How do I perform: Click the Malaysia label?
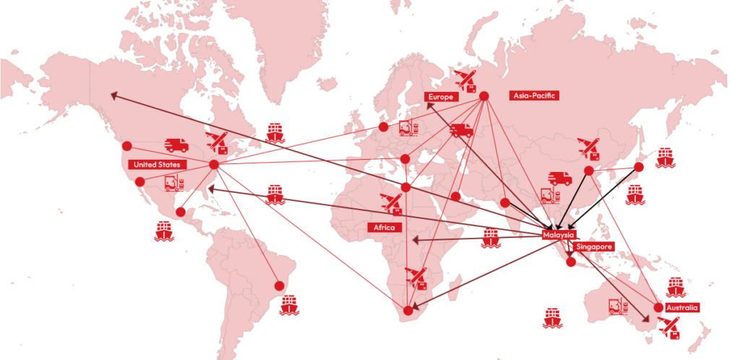click(x=559, y=236)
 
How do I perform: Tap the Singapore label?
click(x=594, y=247)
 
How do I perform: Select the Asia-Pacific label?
click(x=535, y=95)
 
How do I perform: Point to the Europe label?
click(x=440, y=96)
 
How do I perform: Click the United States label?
click(x=158, y=165)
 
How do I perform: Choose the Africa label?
click(x=384, y=228)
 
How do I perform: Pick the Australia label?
click(x=682, y=308)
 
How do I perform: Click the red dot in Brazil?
click(x=278, y=283)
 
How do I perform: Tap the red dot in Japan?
click(x=639, y=167)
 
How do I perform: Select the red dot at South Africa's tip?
click(x=408, y=311)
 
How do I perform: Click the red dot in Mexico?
click(x=180, y=213)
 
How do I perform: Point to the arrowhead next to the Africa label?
click(x=415, y=239)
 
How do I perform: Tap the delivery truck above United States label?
click(x=176, y=145)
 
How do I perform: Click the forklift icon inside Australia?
click(x=617, y=307)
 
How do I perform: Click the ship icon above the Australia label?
click(x=676, y=286)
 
